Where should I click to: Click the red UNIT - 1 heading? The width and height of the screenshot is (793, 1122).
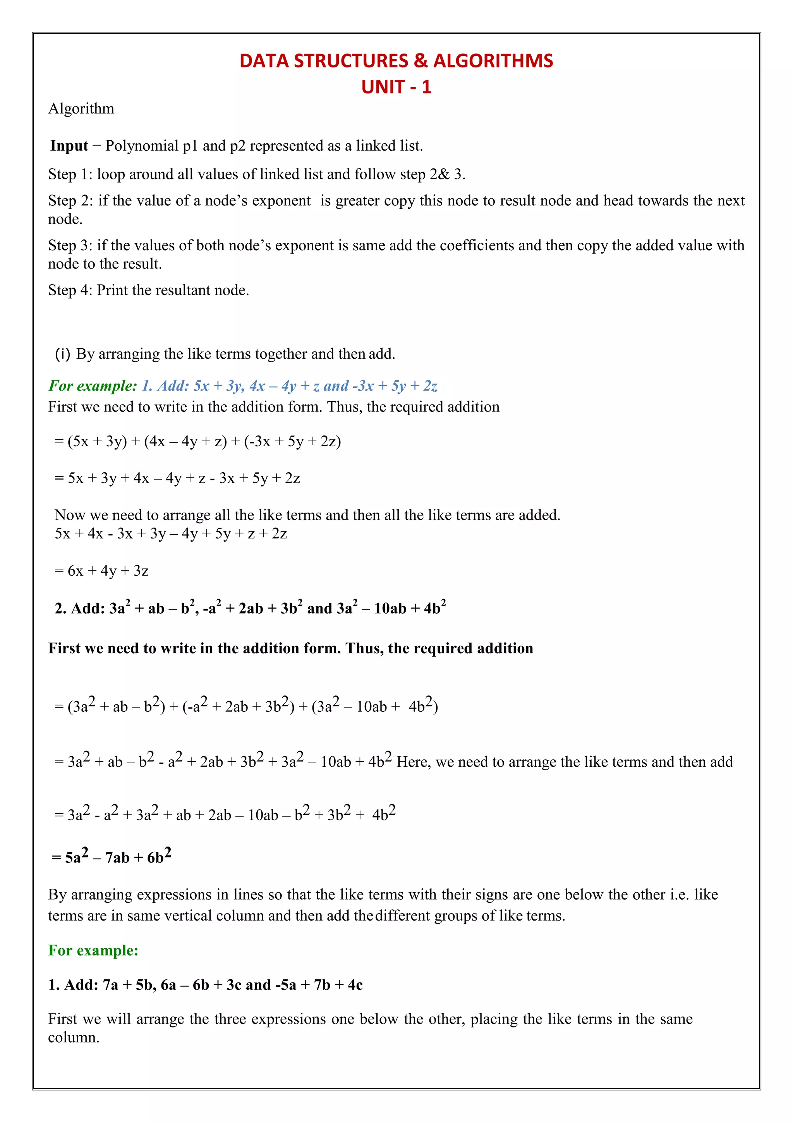click(x=396, y=87)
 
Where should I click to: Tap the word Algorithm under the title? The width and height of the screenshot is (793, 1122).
click(x=81, y=108)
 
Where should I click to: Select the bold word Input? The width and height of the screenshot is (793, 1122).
click(x=69, y=146)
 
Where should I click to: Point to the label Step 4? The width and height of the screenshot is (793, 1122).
click(x=70, y=290)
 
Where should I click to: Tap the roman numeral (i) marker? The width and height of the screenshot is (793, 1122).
click(x=62, y=354)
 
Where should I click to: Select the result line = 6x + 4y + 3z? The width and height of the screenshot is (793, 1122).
click(x=101, y=571)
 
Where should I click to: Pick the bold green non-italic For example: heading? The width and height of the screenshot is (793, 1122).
click(x=93, y=950)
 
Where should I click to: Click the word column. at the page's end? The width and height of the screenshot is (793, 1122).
click(x=74, y=1038)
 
